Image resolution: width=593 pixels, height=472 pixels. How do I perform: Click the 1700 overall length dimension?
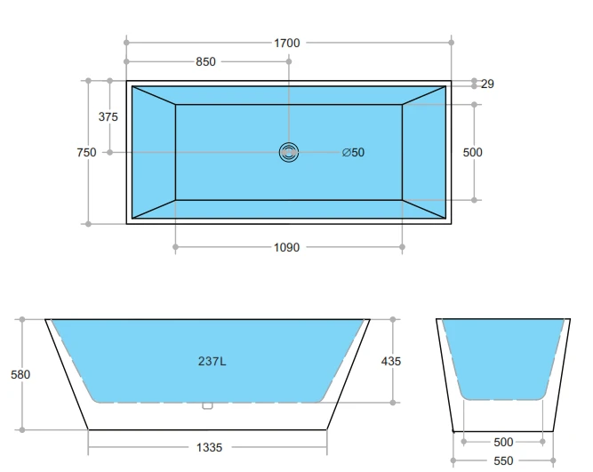pos(288,42)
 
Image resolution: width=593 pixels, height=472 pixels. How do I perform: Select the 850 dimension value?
pos(205,62)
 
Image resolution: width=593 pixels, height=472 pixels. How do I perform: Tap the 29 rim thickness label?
pos(487,84)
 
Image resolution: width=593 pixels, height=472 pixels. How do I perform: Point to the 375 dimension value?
pos(108,116)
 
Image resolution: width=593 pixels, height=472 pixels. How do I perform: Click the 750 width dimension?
pos(86,153)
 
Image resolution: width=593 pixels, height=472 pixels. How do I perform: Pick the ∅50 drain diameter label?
pos(353,153)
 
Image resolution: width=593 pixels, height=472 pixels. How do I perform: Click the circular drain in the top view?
pos(289,152)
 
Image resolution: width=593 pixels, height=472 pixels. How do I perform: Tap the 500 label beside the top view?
pos(473,153)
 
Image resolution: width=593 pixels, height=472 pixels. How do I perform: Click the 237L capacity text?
pos(211,361)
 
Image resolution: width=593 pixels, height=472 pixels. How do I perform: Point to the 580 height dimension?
pos(20,374)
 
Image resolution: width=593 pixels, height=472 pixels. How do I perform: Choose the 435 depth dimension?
pos(390,361)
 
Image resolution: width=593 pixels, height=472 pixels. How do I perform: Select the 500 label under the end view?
pos(503,442)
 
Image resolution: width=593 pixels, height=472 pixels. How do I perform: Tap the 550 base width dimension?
pos(503,460)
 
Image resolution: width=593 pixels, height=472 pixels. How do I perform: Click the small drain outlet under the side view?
pos(207,406)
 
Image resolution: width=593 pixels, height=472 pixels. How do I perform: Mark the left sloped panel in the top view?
pos(154,152)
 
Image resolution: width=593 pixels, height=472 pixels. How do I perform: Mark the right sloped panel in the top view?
pos(423,152)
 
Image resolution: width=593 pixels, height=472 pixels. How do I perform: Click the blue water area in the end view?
pos(504,356)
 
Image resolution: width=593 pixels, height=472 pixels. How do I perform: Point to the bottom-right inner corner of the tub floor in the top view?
pos(402,200)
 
